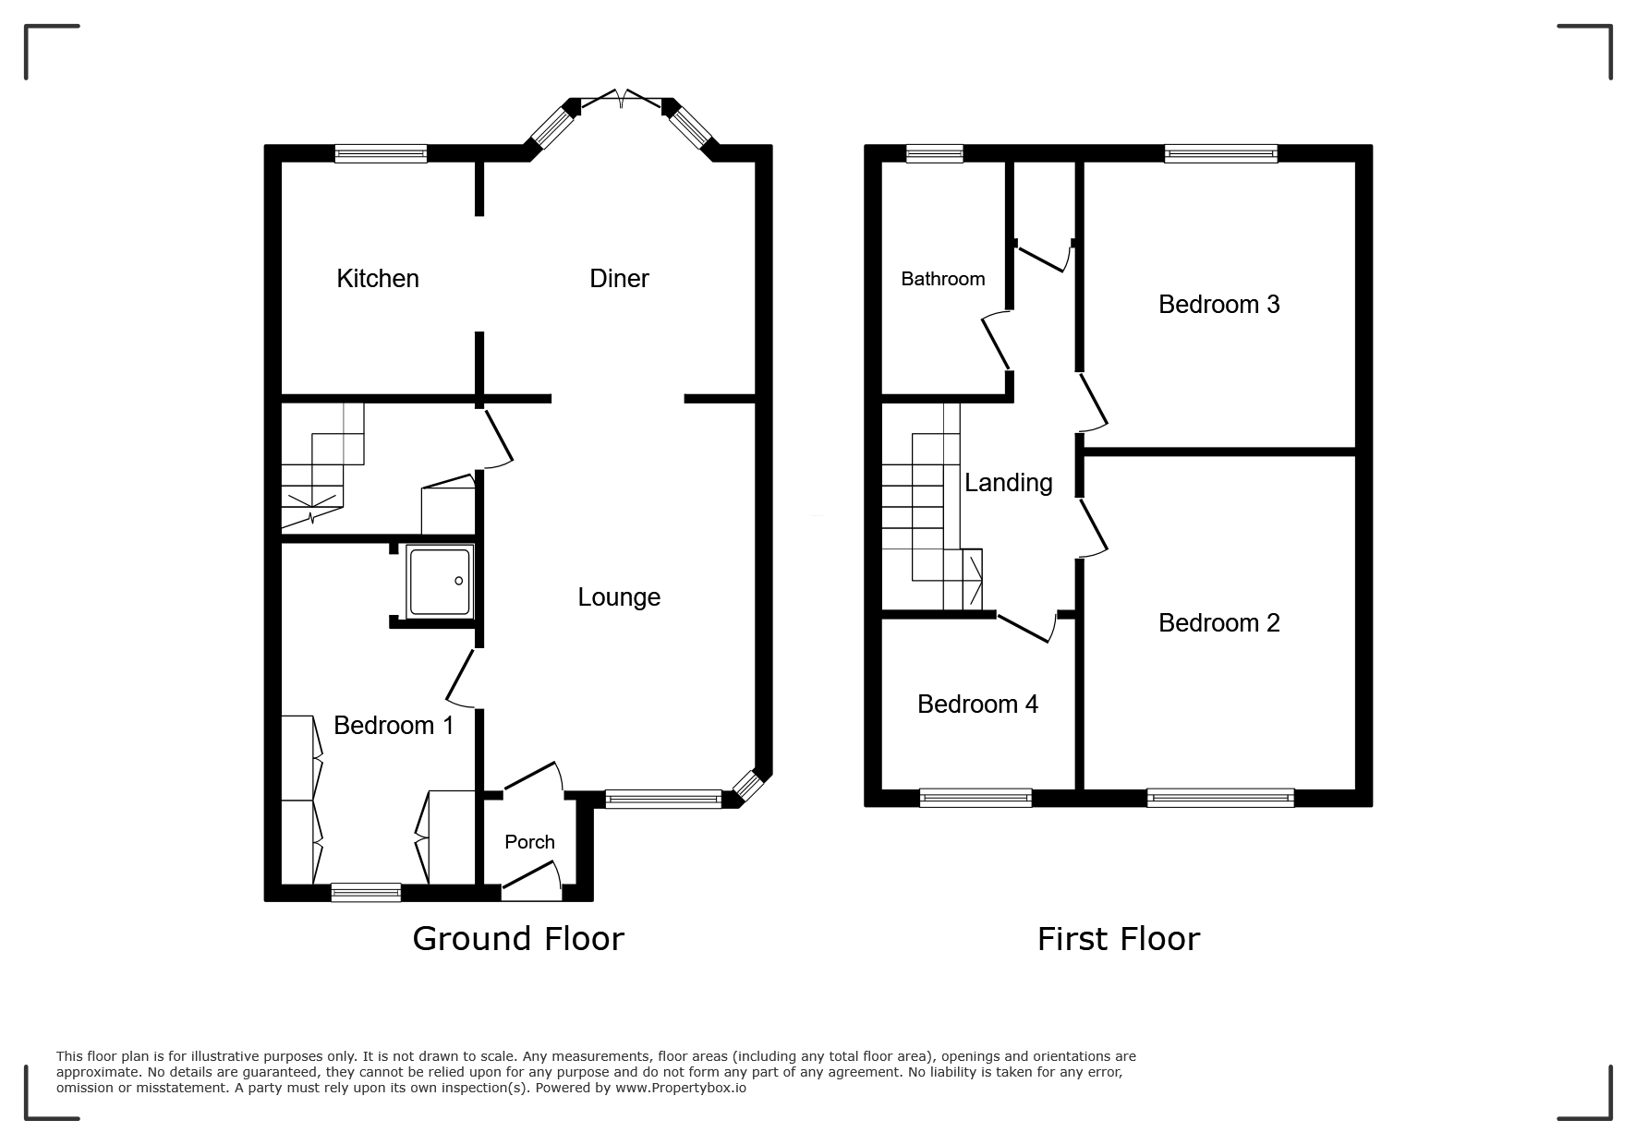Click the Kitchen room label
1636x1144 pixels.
(x=378, y=278)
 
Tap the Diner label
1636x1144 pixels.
(x=619, y=278)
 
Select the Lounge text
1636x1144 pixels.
(x=619, y=597)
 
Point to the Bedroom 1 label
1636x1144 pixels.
(x=394, y=726)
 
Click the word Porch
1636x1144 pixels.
(x=529, y=842)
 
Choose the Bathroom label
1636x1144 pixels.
(x=943, y=279)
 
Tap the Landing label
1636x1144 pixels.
(x=1009, y=483)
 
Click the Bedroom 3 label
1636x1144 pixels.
(x=1219, y=305)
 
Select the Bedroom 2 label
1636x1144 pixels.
(x=1219, y=623)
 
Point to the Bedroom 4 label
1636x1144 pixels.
(x=977, y=704)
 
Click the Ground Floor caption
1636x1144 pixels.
(x=518, y=938)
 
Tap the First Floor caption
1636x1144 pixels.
(x=1119, y=939)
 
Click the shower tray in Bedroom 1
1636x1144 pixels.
(x=440, y=581)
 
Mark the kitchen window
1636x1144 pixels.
(x=381, y=153)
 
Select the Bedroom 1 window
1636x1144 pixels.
(x=366, y=892)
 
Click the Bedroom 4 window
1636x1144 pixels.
(x=976, y=798)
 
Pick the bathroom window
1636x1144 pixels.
(x=934, y=153)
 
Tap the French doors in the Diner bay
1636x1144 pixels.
(x=622, y=98)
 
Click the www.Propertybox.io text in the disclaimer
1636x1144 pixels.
(x=681, y=1088)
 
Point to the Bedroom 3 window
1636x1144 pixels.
(x=1220, y=153)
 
